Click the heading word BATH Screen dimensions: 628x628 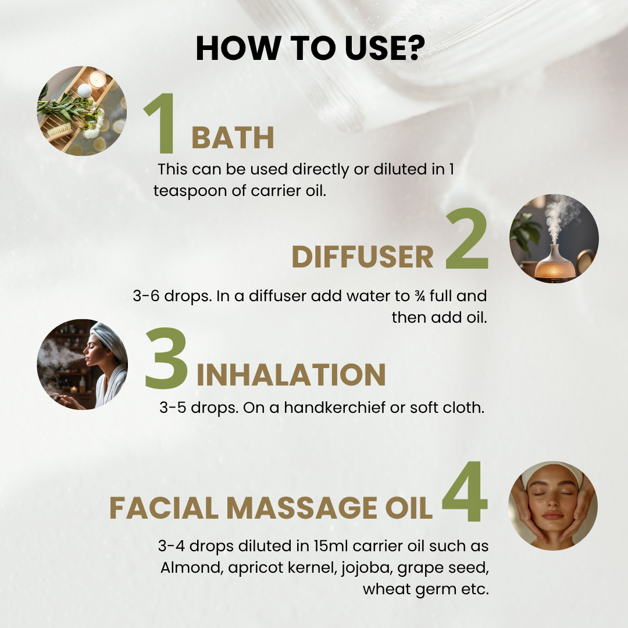[233, 138]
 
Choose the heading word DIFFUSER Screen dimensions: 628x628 [362, 256]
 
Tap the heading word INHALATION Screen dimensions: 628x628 [291, 374]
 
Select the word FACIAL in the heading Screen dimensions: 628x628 [164, 508]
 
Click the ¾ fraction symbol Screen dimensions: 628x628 [420, 296]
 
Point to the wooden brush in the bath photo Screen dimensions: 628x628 [59, 131]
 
